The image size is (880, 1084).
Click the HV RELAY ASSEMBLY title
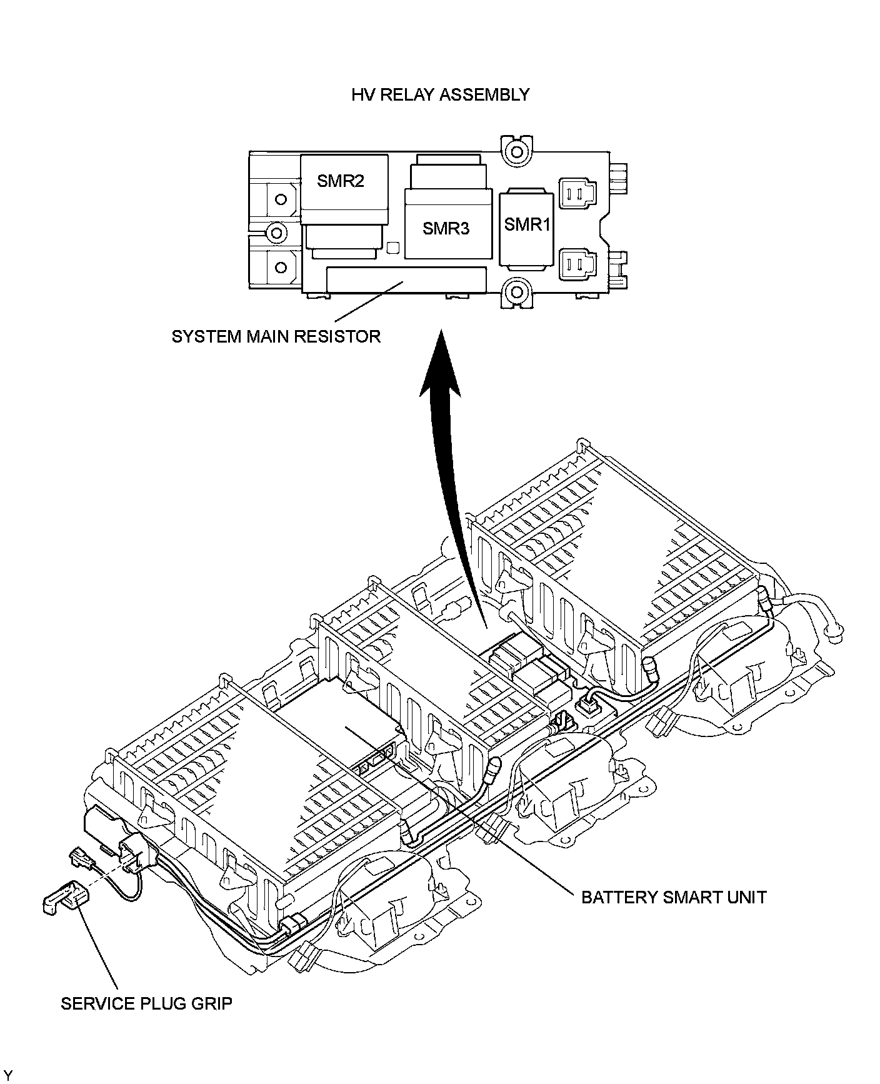[440, 95]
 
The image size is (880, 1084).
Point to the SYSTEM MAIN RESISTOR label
[276, 337]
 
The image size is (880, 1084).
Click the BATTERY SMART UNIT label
[674, 897]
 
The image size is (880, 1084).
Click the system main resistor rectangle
[406, 279]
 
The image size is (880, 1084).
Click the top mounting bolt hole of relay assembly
[516, 151]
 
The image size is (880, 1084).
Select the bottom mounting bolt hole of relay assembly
[516, 291]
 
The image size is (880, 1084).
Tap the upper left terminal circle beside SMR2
[281, 199]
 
